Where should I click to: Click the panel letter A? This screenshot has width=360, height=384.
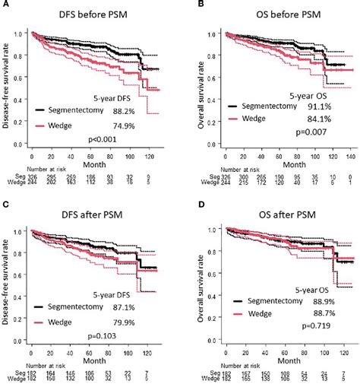(5, 5)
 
